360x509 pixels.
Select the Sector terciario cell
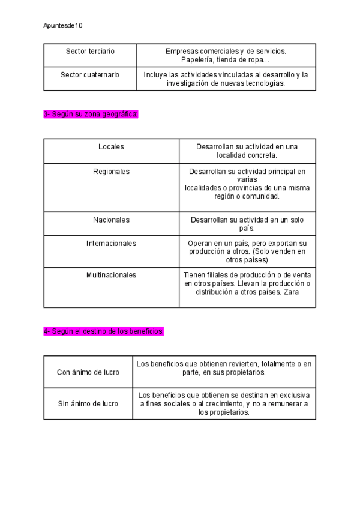click(x=90, y=52)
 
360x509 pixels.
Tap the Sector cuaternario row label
click(x=90, y=75)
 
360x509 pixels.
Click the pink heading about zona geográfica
click(x=91, y=114)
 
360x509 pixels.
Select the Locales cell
click(x=111, y=147)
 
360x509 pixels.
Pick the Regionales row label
click(x=111, y=172)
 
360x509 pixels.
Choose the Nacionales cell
click(x=111, y=220)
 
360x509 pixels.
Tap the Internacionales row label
click(x=111, y=244)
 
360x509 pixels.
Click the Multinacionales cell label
click(x=111, y=275)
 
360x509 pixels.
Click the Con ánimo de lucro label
click(x=88, y=372)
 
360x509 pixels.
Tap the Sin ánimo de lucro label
click(x=88, y=404)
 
